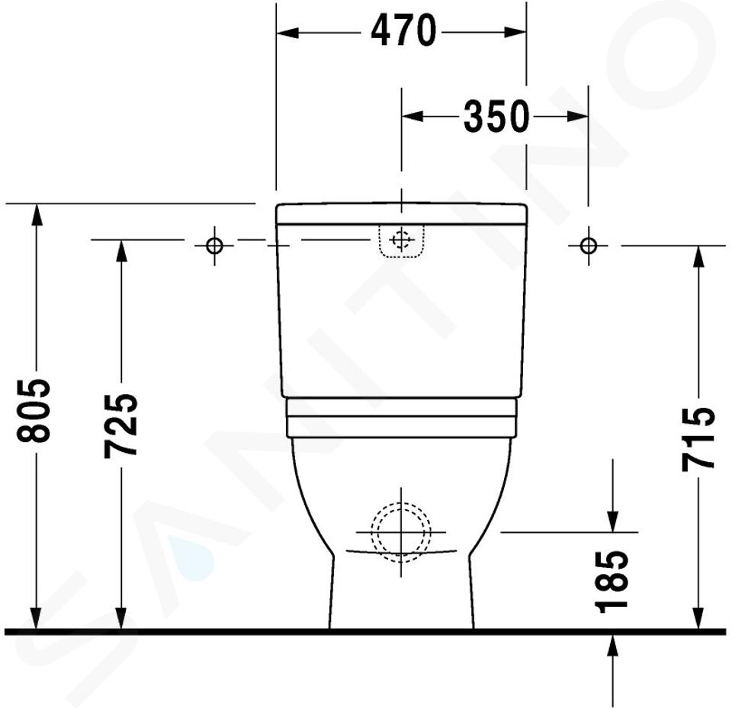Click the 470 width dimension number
click(x=403, y=30)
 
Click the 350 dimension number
click(x=496, y=116)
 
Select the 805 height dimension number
click(x=34, y=410)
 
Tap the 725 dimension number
click(x=120, y=425)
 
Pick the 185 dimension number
click(x=612, y=581)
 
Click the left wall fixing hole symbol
click(x=214, y=245)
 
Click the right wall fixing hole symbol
click(x=588, y=245)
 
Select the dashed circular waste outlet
click(x=401, y=532)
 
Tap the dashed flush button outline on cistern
click(x=402, y=240)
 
